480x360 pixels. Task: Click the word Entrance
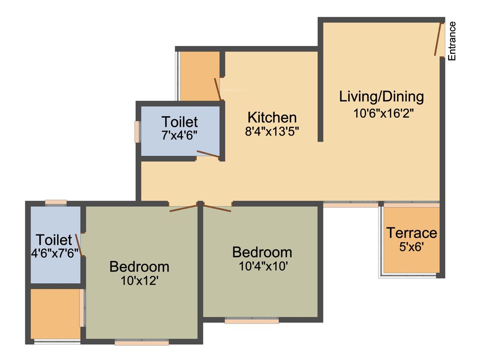(x=452, y=41)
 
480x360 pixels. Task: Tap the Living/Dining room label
(x=382, y=97)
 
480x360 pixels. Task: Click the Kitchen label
(x=272, y=117)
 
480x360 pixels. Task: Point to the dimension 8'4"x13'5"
(x=272, y=132)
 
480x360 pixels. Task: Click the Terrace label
(x=412, y=232)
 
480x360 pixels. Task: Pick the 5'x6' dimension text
(x=412, y=246)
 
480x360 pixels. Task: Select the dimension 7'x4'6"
(x=180, y=135)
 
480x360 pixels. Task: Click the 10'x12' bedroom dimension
(x=139, y=281)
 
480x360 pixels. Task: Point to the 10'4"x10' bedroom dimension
(x=262, y=266)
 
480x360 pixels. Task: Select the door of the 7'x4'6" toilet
(x=208, y=154)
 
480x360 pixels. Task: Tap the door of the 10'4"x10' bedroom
(x=217, y=208)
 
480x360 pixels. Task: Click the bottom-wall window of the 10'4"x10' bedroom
(x=252, y=321)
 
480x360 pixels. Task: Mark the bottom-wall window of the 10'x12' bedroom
(x=142, y=343)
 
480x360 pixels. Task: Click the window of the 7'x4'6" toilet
(x=137, y=132)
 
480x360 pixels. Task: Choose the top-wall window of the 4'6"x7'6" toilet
(x=56, y=202)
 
